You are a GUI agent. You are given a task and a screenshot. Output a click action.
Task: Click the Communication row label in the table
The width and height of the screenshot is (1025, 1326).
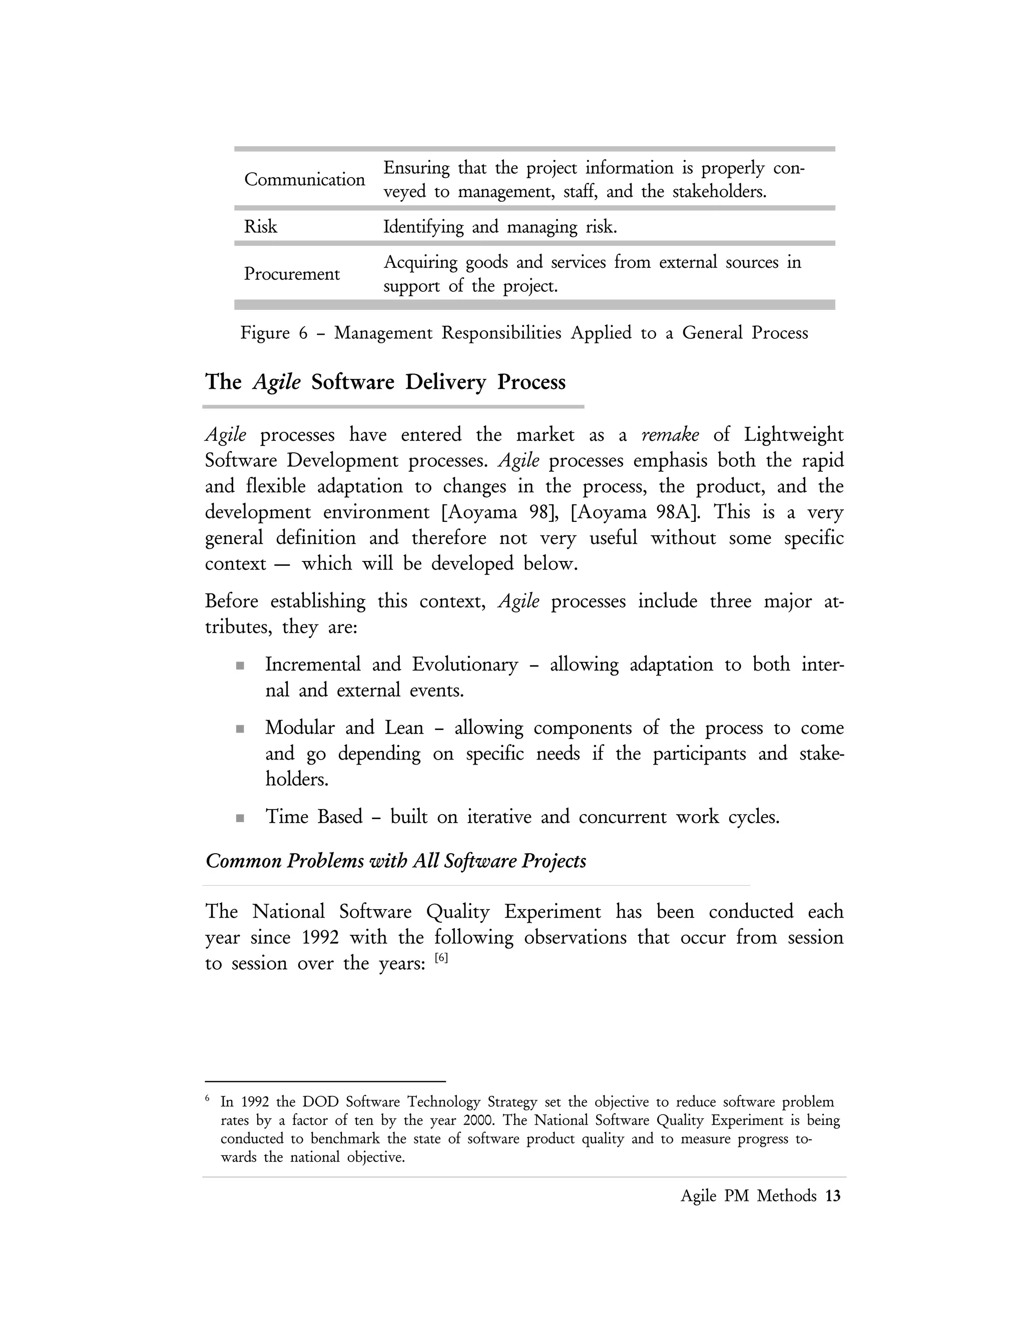pyautogui.click(x=304, y=179)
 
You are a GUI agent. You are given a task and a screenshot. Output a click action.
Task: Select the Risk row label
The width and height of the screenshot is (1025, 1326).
pyautogui.click(x=260, y=227)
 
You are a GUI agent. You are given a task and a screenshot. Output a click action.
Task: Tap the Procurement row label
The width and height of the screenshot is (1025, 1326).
pyautogui.click(x=291, y=274)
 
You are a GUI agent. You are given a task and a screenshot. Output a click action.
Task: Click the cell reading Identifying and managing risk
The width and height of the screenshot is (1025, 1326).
pyautogui.click(x=500, y=227)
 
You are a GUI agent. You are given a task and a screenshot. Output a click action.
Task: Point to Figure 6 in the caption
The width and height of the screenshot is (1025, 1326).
pyautogui.click(x=274, y=333)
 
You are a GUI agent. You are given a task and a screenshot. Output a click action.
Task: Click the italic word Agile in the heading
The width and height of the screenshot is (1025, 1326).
pyautogui.click(x=276, y=382)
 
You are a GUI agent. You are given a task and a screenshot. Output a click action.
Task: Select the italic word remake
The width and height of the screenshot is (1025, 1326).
pyautogui.click(x=670, y=435)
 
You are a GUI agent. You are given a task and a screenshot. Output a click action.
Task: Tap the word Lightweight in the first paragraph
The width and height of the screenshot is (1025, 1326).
pyautogui.click(x=793, y=435)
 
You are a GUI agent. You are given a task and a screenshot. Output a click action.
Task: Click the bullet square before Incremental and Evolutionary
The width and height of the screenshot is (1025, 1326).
pyautogui.click(x=240, y=666)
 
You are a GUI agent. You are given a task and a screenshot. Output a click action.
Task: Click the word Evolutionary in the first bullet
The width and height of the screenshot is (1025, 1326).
pyautogui.click(x=464, y=664)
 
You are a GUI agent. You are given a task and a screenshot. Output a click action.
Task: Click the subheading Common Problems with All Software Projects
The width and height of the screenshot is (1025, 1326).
pyautogui.click(x=396, y=861)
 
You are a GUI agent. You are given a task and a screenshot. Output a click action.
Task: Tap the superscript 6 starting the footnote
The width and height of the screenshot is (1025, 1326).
pyautogui.click(x=208, y=1098)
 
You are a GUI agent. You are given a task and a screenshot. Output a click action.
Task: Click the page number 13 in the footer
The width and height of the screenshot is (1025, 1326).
pyautogui.click(x=833, y=1196)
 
